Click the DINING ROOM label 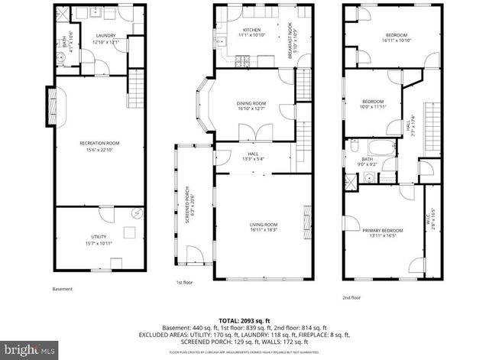tap(251, 106)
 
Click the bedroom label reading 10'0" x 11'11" tap(372, 105)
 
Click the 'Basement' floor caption tap(63, 289)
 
